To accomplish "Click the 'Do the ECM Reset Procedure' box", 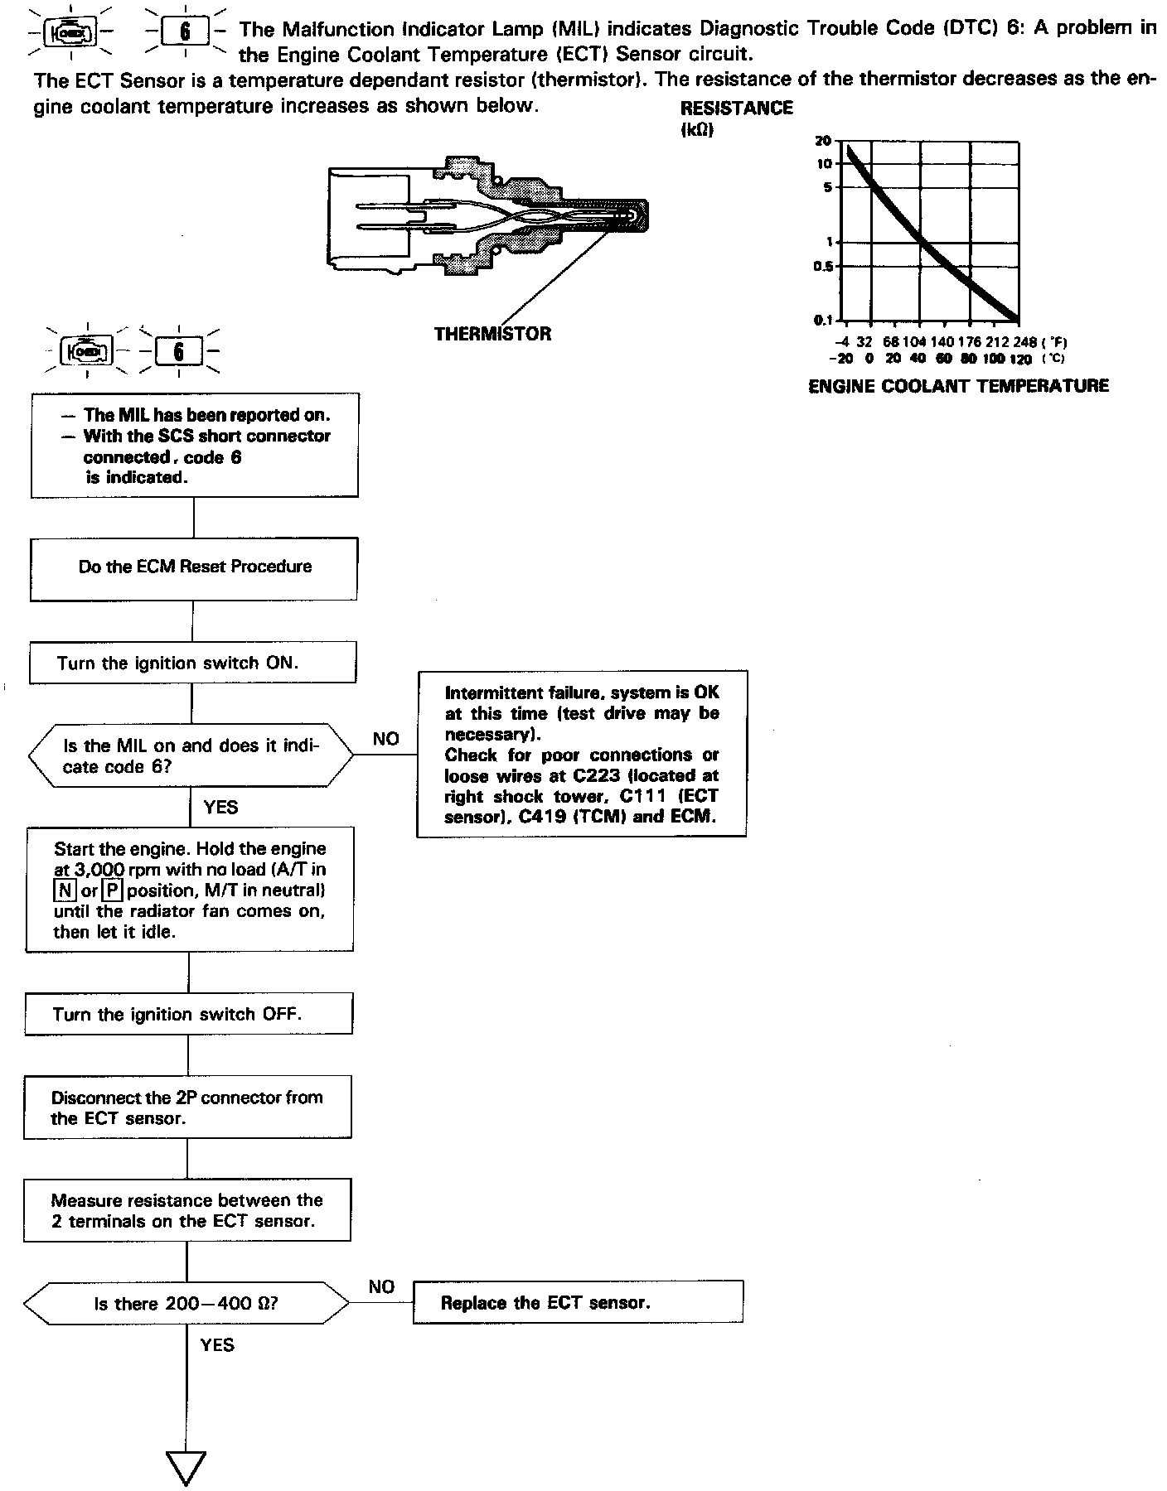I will click(x=194, y=567).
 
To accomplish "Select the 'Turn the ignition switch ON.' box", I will click(x=192, y=663).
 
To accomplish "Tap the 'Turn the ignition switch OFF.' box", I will click(x=188, y=1014).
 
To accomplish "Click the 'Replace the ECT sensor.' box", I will click(x=578, y=1303).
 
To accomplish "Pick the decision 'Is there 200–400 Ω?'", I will click(x=186, y=1304).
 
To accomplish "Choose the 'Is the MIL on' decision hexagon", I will click(x=191, y=756).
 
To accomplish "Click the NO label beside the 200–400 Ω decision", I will click(x=381, y=1286).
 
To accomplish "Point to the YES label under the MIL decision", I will click(x=220, y=807).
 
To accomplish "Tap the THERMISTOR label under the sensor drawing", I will click(x=492, y=334).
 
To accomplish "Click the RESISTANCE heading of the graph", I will click(x=736, y=109).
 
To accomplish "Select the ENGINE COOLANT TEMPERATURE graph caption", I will click(x=958, y=386).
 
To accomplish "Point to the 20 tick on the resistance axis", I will click(x=823, y=142).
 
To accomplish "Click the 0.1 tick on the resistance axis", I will click(x=824, y=320).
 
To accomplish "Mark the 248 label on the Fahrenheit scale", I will click(x=1025, y=341).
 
